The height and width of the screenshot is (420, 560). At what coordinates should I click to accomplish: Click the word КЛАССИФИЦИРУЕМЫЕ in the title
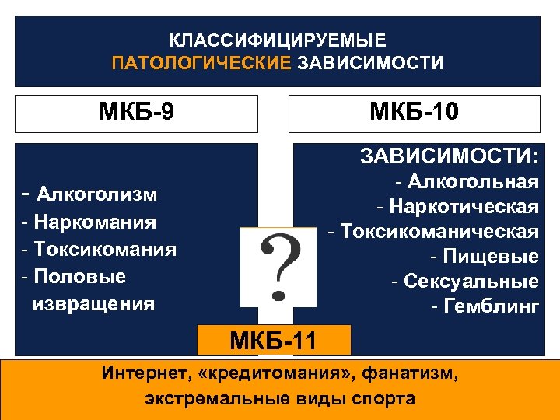pos(278,40)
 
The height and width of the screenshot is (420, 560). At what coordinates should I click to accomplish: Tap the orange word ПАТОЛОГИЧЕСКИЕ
pos(201,63)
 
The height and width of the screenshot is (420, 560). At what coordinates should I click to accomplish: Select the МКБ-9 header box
pos(137,113)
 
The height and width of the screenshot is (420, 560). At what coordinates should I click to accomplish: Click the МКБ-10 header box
pos(414,113)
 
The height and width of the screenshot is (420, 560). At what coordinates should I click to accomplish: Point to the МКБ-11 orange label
pos(274,340)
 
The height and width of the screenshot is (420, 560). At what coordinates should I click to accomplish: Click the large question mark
pos(278,267)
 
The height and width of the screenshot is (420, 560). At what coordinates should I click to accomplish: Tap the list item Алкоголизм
pos(96,194)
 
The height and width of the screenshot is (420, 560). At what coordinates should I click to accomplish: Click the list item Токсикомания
pos(103,250)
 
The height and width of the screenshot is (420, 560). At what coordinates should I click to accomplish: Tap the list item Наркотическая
pos(464,207)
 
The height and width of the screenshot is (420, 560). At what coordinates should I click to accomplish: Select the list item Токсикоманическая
pos(439,232)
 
